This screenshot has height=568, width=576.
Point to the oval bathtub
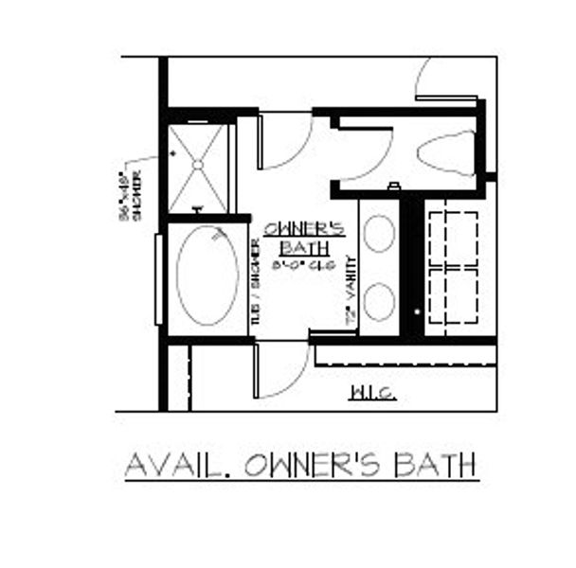(207, 275)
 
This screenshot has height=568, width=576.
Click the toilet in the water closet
(447, 152)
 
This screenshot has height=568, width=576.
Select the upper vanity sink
(379, 233)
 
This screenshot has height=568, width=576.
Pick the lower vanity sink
(379, 300)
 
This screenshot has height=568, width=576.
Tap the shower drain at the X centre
(199, 166)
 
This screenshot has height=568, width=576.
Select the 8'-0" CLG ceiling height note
(297, 265)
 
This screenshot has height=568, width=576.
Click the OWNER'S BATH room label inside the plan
(297, 238)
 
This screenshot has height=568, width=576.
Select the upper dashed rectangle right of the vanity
(453, 240)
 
